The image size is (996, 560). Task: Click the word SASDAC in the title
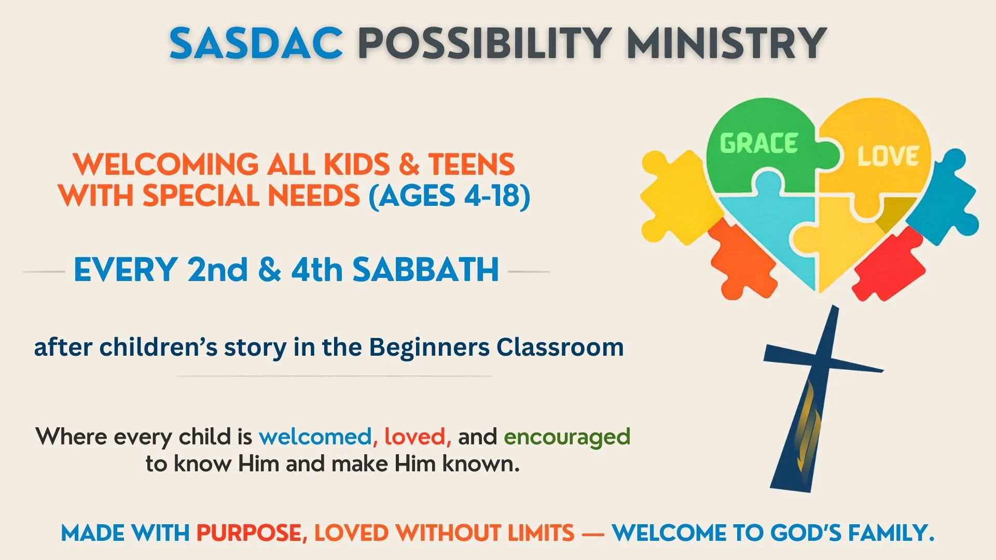coord(256,43)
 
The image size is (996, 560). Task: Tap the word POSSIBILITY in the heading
coord(484,43)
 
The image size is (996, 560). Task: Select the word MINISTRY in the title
coord(726,43)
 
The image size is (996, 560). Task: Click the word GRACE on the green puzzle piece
coord(758,144)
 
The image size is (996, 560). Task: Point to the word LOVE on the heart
coord(888,156)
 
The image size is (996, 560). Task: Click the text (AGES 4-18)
coord(449,196)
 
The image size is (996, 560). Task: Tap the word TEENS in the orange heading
coord(471,165)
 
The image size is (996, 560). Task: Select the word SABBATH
coord(425,270)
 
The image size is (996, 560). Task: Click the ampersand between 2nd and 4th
coord(269,270)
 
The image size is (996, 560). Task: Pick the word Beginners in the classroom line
coord(429,347)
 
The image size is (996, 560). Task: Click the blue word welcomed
coord(315,437)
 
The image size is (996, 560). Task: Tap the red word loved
coord(415,437)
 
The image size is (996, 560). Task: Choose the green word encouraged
coord(567,437)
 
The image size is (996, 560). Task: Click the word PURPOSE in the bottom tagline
coord(248,533)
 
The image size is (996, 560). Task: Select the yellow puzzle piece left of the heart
coord(674,197)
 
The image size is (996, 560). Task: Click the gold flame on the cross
coord(807,425)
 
